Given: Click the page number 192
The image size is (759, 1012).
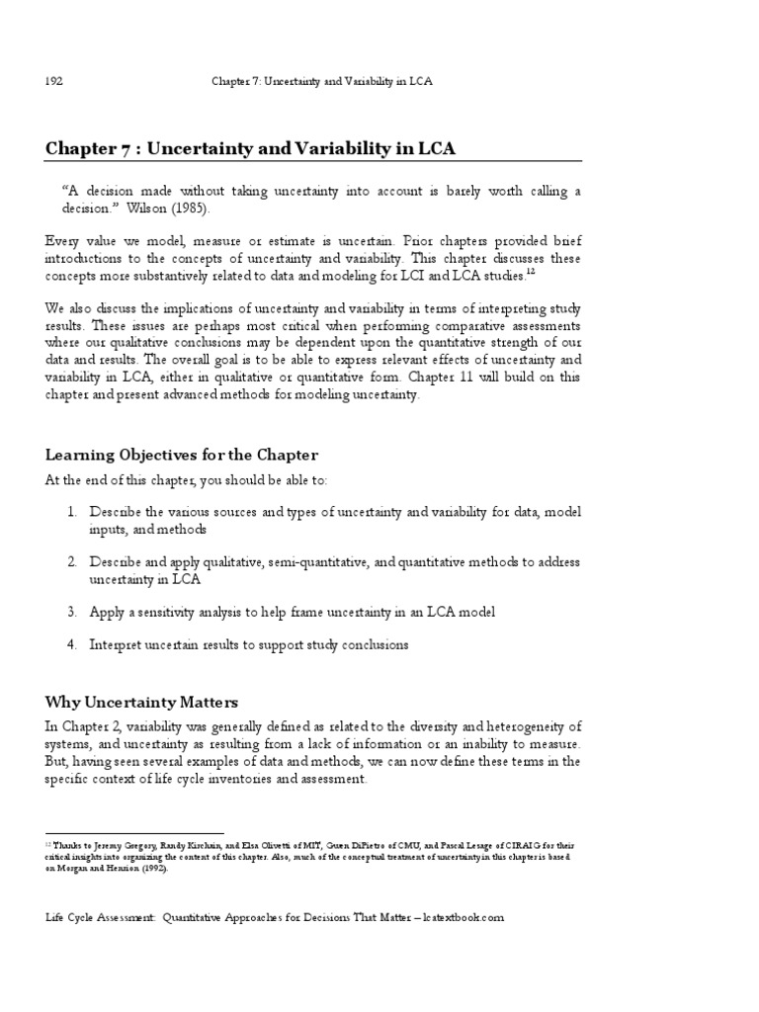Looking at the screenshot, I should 54,82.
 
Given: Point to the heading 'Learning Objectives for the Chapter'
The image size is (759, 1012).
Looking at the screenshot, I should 182,455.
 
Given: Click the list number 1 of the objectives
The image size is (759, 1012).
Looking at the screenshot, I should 72,512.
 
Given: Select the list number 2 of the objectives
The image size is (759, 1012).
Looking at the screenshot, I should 72,561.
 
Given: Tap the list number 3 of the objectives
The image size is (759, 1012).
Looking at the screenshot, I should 72,612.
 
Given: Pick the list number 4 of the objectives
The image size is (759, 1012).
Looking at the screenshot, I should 72,644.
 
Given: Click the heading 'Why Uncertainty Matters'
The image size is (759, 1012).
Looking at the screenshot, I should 141,703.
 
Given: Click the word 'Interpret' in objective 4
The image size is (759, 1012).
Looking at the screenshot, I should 117,644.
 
